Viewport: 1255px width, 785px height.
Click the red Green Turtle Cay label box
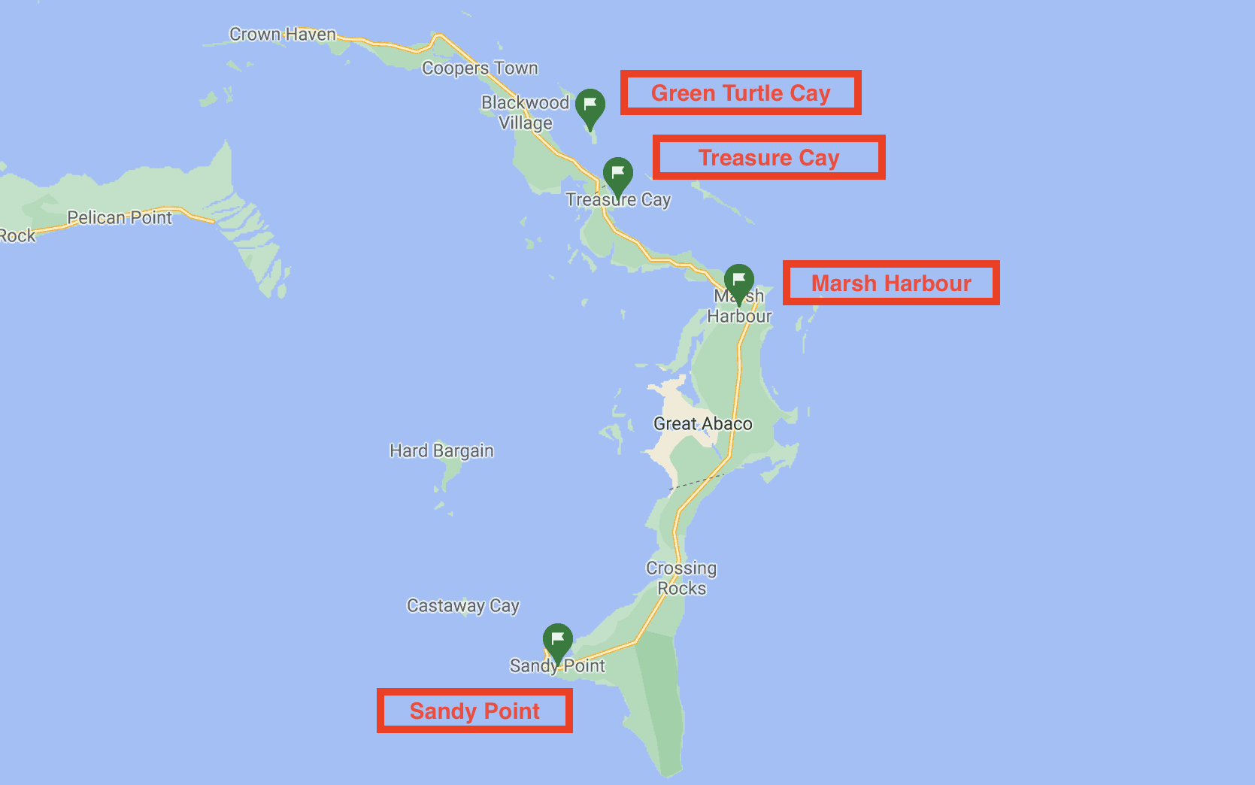click(x=741, y=93)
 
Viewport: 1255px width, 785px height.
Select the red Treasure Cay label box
click(x=768, y=158)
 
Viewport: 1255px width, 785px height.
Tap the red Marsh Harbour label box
click(x=891, y=283)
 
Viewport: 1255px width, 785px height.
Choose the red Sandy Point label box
click(x=474, y=711)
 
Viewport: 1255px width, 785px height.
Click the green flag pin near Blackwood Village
click(x=590, y=106)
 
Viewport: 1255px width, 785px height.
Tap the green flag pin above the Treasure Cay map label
click(x=618, y=174)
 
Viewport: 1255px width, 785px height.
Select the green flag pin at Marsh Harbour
click(x=739, y=281)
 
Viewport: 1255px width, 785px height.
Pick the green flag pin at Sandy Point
click(x=558, y=641)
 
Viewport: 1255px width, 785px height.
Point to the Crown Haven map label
click(x=282, y=35)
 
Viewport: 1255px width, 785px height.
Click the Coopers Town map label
click(x=480, y=68)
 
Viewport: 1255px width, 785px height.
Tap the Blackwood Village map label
click(x=526, y=113)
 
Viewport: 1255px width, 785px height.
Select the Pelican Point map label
click(x=120, y=218)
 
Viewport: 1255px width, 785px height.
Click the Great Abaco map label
click(x=702, y=424)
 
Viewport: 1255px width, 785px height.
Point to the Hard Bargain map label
click(x=441, y=450)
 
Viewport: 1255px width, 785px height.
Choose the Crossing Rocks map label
click(x=681, y=578)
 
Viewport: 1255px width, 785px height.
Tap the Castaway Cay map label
click(x=462, y=605)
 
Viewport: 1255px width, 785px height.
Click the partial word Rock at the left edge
click(x=17, y=236)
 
